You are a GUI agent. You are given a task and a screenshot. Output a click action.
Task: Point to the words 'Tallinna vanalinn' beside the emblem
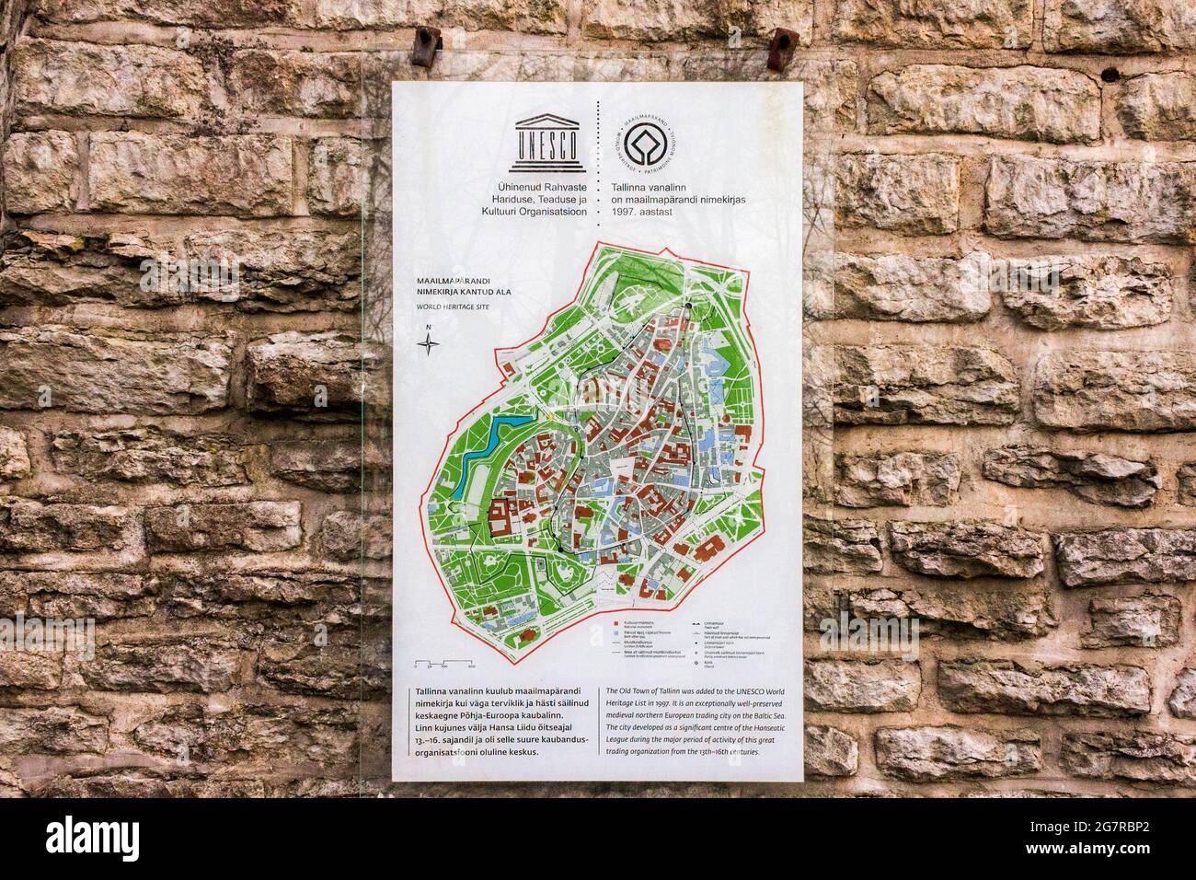coord(651,187)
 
